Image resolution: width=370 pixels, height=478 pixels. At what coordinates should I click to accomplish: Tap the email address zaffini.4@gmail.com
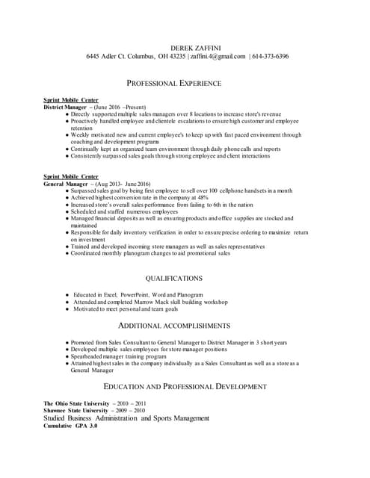(218, 57)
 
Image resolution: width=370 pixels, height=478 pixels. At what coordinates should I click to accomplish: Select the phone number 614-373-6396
(271, 57)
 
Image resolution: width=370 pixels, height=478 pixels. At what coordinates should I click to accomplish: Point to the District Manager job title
(65, 108)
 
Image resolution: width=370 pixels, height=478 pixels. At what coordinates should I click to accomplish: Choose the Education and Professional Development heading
(184, 387)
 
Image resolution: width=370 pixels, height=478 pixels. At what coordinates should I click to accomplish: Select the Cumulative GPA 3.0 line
(70, 426)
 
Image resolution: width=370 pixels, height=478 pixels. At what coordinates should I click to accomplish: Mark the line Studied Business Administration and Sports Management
(126, 418)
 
